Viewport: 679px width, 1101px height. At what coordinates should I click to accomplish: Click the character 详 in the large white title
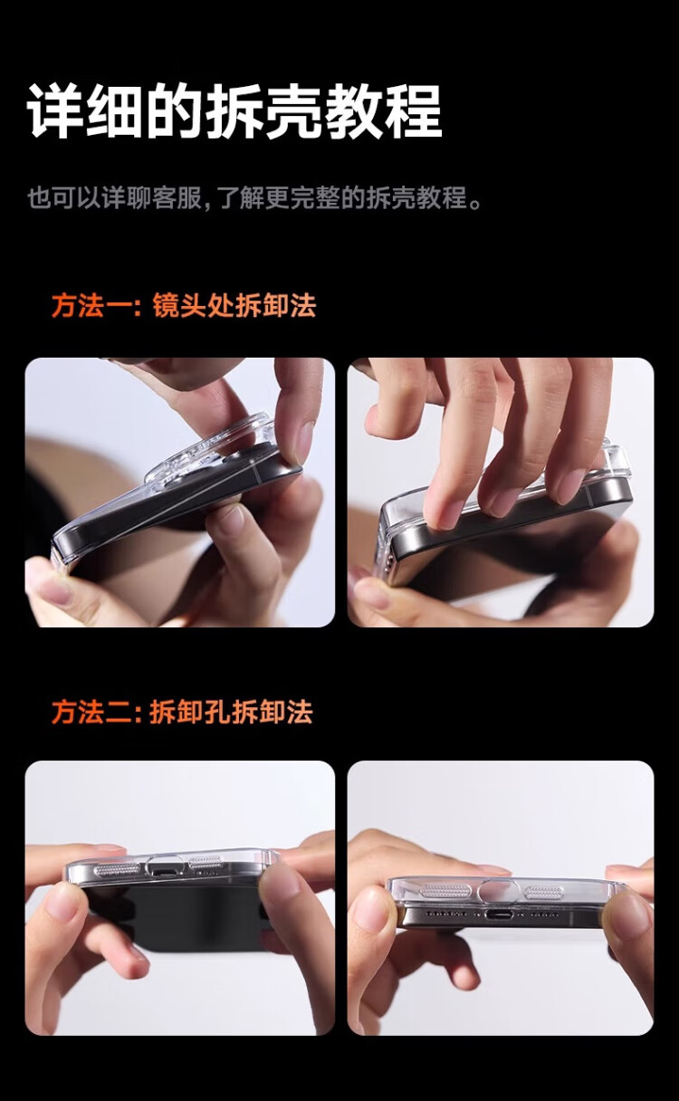pyautogui.click(x=54, y=112)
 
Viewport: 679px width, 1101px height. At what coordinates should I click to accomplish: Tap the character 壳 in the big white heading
pyautogui.click(x=291, y=112)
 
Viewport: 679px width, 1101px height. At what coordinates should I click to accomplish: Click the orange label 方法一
pyautogui.click(x=91, y=306)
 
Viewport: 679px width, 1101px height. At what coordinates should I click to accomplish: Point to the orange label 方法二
pyautogui.click(x=91, y=712)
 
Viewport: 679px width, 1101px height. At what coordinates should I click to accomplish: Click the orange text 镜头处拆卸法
pyautogui.click(x=234, y=306)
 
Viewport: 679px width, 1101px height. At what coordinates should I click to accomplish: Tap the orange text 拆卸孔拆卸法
pyautogui.click(x=231, y=712)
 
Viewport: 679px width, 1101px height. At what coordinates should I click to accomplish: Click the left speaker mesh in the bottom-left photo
pyautogui.click(x=117, y=870)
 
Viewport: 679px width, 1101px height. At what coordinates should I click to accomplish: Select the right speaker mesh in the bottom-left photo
pyautogui.click(x=206, y=862)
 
